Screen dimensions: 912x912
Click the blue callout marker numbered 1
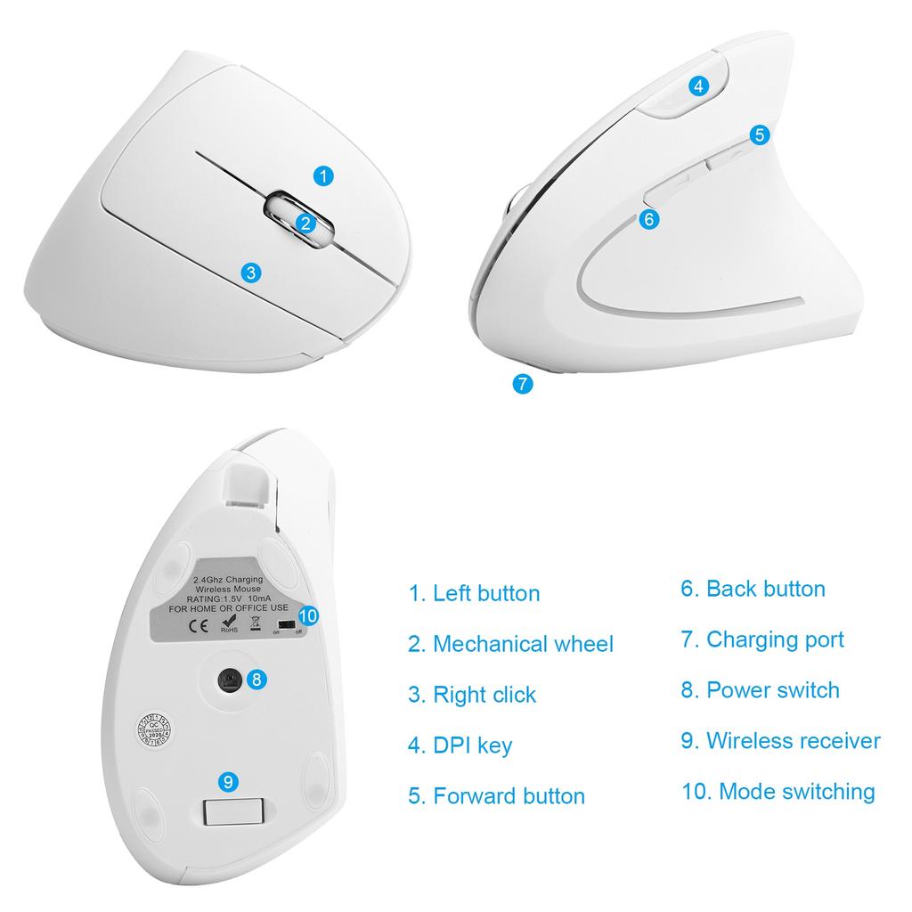[325, 175]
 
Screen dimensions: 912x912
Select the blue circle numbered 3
[252, 273]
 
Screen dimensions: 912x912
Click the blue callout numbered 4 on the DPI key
[699, 85]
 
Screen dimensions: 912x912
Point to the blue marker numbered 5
[759, 135]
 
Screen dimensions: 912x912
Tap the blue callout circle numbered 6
[649, 218]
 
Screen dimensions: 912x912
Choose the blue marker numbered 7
[523, 384]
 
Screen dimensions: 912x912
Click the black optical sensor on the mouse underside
[231, 680]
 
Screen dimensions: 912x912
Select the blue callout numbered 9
[229, 782]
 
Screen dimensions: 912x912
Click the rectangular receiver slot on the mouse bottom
[234, 811]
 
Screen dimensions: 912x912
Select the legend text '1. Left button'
[474, 593]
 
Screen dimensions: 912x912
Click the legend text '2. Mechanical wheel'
[510, 644]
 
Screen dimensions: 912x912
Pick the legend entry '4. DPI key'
[460, 745]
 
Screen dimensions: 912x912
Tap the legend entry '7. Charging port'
[762, 639]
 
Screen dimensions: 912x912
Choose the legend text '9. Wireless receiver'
[780, 740]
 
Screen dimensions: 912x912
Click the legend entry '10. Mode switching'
[778, 791]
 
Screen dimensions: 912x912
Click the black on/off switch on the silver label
[286, 625]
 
